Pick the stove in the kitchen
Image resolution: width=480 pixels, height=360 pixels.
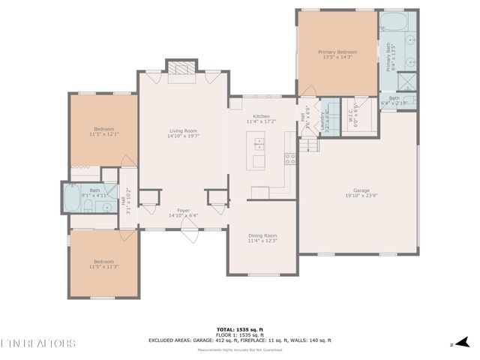pos(289,158)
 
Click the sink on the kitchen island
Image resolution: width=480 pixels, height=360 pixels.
pos(259,143)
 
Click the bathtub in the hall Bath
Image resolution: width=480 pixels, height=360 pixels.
pos(75,200)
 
